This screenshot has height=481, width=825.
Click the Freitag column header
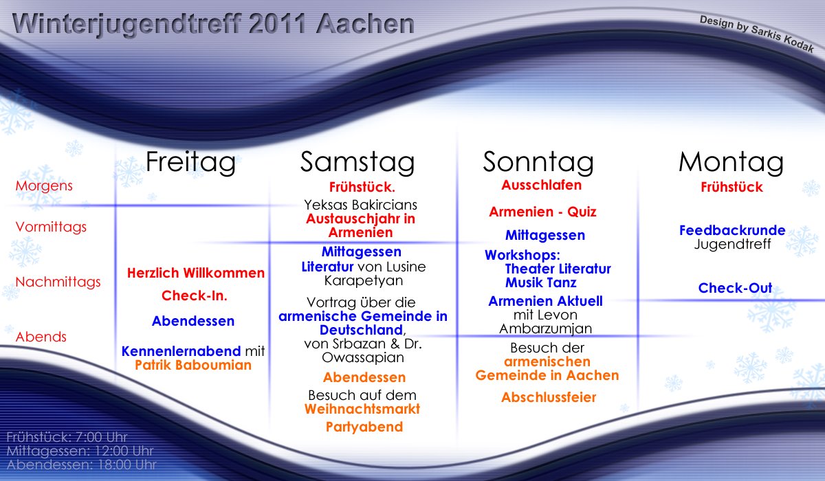tap(190, 162)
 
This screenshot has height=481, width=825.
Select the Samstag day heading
tap(357, 162)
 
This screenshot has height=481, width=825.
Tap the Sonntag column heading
tap(538, 162)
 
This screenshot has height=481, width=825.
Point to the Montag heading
tap(731, 162)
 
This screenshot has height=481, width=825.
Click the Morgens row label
tap(44, 186)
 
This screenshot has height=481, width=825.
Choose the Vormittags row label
tap(51, 227)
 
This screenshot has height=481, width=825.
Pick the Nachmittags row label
tap(58, 282)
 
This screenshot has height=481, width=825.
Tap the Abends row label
tap(41, 337)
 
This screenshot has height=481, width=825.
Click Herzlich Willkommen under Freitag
tap(196, 273)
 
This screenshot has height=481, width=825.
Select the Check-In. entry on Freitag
tap(195, 295)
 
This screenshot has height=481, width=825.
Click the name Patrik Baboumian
tap(193, 365)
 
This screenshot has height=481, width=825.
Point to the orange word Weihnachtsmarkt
tap(362, 409)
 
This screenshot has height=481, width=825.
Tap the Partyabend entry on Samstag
tap(364, 427)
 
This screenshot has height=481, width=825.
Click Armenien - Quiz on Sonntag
tap(542, 212)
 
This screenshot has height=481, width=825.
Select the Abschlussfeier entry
tap(549, 397)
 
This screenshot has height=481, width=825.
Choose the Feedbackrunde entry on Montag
tap(732, 230)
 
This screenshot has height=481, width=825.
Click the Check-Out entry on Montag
tap(735, 288)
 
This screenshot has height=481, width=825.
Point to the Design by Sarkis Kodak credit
tap(756, 34)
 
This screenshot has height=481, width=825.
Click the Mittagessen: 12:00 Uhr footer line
tap(80, 451)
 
